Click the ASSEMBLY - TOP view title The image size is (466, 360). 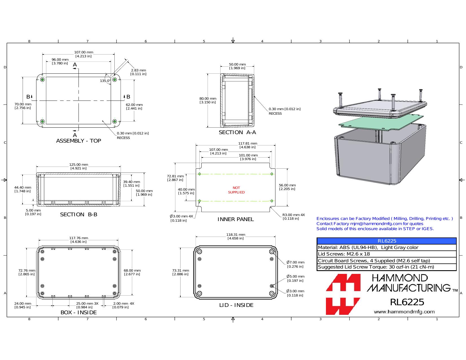(79, 141)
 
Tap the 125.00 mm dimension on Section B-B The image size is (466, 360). (79, 166)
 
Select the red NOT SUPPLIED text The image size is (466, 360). (236, 190)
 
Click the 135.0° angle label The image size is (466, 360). (105, 81)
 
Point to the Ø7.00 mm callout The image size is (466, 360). (295, 264)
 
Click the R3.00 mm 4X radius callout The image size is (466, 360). (293, 217)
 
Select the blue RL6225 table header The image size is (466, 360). (387, 241)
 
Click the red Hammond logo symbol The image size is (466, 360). (343, 294)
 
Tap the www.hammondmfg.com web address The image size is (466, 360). (404, 312)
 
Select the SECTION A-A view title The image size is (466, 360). (237, 132)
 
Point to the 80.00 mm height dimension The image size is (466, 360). (208, 100)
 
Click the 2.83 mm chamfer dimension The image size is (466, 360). (138, 72)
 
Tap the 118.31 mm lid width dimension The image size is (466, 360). (236, 237)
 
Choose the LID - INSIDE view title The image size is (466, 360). (236, 305)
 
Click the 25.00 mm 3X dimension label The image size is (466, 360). (87, 305)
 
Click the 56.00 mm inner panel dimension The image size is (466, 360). (287, 187)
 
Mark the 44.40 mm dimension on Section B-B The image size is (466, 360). (23, 189)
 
